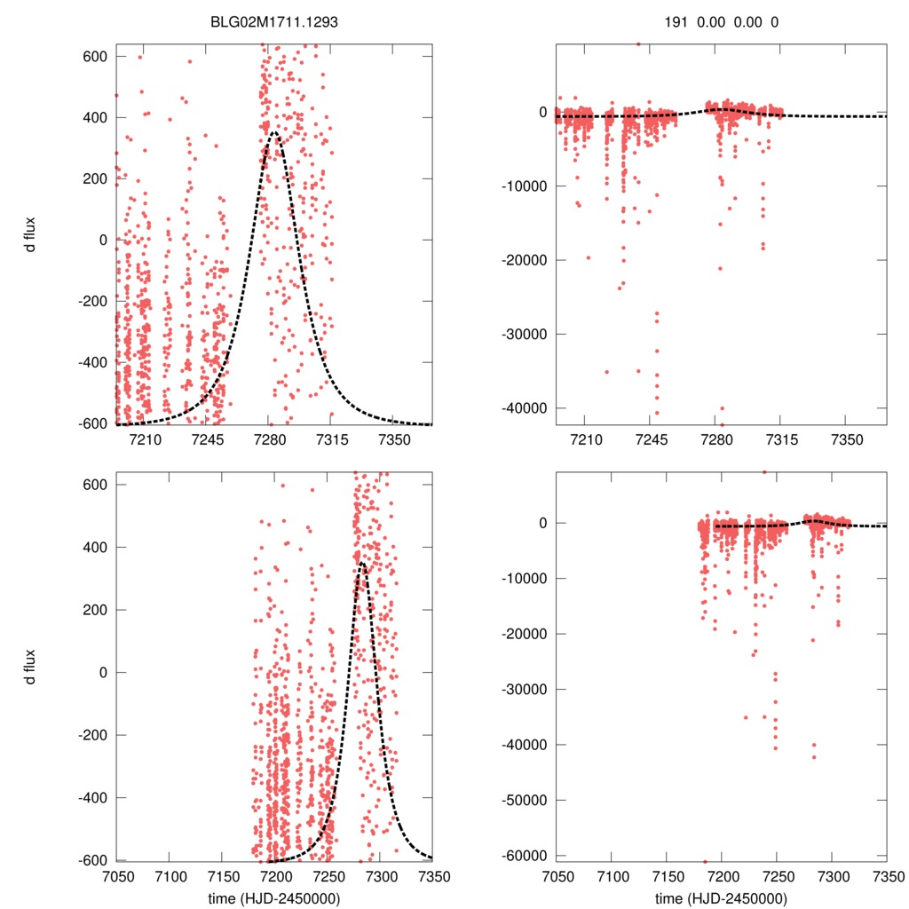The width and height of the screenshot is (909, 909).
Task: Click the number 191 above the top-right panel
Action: coord(676,24)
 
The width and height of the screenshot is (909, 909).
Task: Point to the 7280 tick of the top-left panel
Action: coord(267,440)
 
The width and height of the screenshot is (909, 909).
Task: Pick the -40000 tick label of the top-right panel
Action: coord(524,408)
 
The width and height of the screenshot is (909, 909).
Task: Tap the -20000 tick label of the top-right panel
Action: coord(524,260)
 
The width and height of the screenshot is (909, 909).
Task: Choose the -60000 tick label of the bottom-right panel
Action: coord(524,855)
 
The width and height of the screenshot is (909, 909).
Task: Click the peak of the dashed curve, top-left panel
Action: coord(274,133)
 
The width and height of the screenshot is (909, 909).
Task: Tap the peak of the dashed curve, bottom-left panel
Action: coord(362,562)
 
